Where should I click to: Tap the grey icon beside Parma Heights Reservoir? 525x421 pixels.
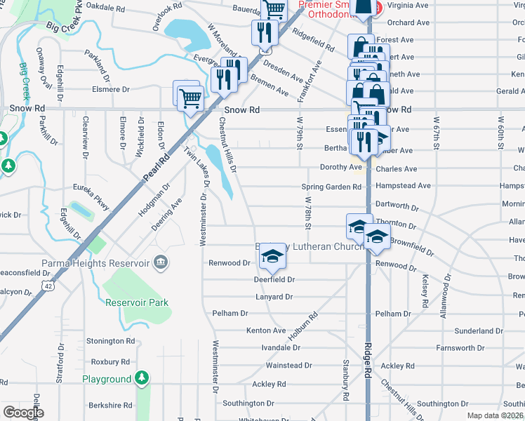(161, 263)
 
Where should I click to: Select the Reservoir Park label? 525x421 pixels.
(137, 303)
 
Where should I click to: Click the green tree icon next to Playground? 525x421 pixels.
(142, 379)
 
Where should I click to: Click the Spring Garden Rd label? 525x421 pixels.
(331, 187)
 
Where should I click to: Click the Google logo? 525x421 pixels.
(23, 412)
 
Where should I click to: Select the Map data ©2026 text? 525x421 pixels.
(495, 415)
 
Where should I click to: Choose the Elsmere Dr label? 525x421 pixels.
(112, 90)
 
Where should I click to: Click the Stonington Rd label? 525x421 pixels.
(110, 341)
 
